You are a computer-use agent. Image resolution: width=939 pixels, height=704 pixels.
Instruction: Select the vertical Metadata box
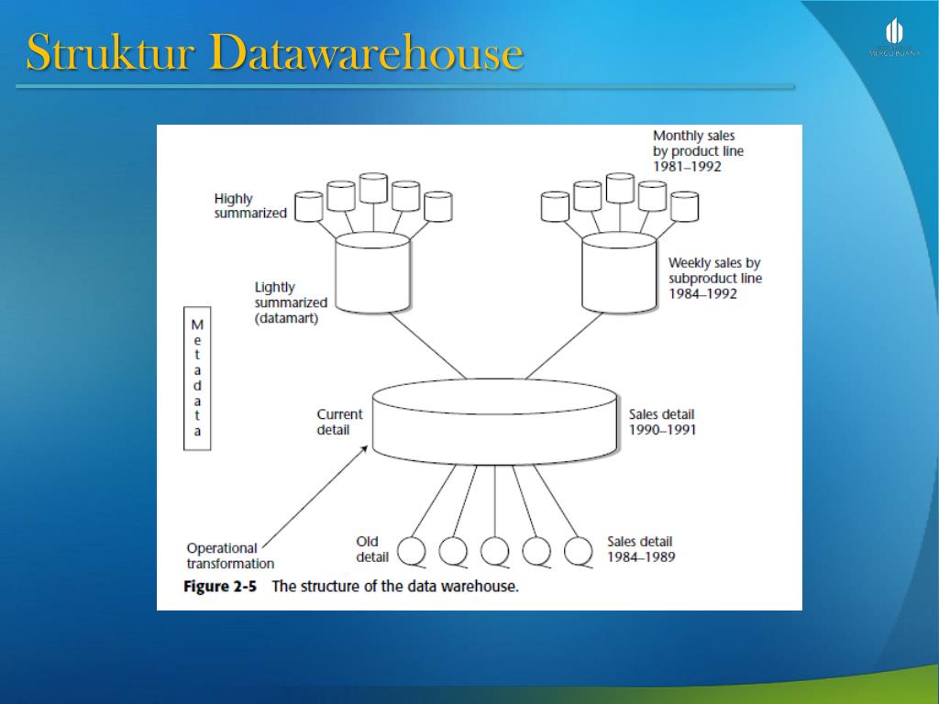tap(197, 378)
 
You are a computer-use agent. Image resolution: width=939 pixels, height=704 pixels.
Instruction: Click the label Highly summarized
tap(249, 205)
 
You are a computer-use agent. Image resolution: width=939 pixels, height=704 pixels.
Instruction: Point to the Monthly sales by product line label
tap(698, 151)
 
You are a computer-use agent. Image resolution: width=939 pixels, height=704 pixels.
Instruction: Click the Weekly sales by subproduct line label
tap(714, 278)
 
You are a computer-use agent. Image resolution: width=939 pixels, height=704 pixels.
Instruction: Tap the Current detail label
tap(339, 422)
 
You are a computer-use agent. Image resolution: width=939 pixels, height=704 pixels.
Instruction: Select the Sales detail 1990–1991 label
tap(661, 422)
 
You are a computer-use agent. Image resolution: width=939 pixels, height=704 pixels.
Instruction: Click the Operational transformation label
tap(230, 555)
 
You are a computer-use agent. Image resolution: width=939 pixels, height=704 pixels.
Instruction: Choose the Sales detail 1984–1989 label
tap(641, 548)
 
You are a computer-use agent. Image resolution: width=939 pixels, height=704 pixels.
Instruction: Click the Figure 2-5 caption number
tap(220, 587)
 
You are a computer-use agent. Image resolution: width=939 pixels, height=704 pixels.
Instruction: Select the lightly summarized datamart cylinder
tap(372, 273)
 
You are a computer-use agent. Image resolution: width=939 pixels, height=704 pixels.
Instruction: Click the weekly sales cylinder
tap(619, 273)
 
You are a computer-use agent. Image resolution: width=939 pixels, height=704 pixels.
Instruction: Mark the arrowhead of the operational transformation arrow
tap(370, 447)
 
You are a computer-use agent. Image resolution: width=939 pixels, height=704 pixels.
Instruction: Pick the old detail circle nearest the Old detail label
tap(412, 551)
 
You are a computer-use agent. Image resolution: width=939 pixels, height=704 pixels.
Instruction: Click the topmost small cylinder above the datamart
tap(374, 187)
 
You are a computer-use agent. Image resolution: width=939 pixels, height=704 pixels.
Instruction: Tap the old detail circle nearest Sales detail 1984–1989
tap(578, 551)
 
